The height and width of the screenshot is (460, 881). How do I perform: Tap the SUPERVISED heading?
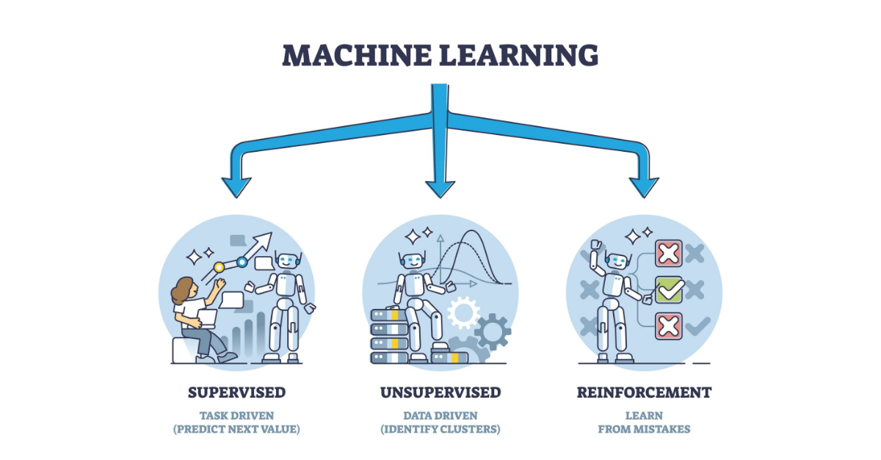(x=236, y=393)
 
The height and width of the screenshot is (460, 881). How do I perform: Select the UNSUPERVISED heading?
(x=440, y=393)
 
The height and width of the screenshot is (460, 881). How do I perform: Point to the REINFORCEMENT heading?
(x=644, y=393)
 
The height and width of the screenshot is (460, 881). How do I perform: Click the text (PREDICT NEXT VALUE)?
(x=236, y=429)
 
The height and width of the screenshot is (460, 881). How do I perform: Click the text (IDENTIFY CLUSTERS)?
(x=440, y=429)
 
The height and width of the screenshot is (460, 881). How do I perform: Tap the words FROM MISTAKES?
(x=644, y=429)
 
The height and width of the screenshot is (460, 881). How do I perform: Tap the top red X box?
(x=669, y=254)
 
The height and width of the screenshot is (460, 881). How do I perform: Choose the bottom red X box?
(x=669, y=325)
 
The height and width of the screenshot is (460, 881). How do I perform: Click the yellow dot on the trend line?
(x=218, y=269)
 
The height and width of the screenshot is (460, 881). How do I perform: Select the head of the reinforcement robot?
(x=617, y=260)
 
